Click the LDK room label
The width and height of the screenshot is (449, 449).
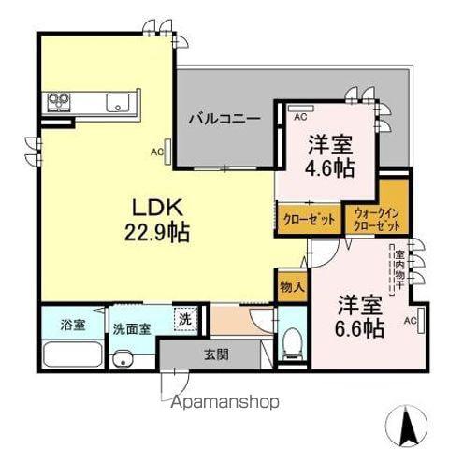157,208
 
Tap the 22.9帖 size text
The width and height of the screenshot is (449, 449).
157,233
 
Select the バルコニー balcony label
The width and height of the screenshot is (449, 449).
224,119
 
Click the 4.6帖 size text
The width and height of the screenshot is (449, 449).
329,168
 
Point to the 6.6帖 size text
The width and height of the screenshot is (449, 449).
359,328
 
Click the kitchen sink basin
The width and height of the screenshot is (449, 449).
117,103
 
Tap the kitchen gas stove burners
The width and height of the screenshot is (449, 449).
59,102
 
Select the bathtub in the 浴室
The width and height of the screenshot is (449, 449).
73,355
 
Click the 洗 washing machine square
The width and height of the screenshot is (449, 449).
185,319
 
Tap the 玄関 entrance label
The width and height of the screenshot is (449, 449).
216,355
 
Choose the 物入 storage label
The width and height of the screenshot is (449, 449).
292,286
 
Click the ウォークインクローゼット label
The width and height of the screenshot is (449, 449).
377,220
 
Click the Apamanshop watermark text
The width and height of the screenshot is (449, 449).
224,402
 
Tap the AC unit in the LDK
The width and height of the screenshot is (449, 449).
168,152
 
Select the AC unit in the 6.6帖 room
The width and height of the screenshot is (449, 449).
421,321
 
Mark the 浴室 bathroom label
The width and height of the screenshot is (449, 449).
73,325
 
